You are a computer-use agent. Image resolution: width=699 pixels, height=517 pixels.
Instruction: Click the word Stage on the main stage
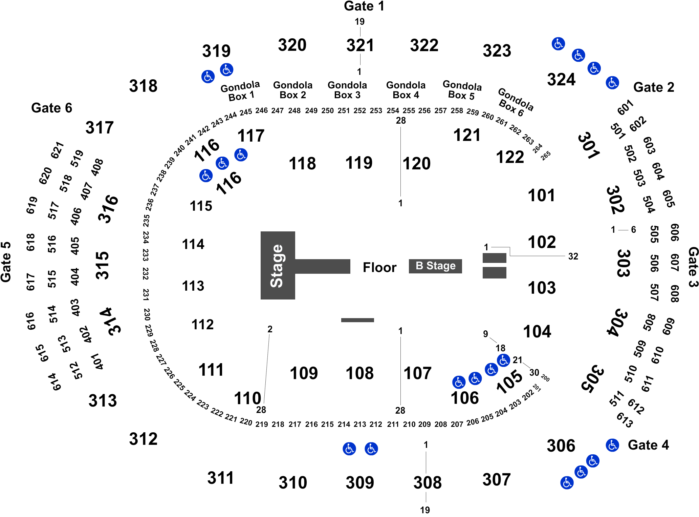click(x=277, y=266)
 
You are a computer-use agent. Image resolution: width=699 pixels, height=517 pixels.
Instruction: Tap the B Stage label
click(x=435, y=266)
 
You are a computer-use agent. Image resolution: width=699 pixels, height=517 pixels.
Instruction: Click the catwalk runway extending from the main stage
click(x=323, y=266)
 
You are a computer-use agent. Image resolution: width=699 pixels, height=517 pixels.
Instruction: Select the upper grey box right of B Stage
click(x=494, y=258)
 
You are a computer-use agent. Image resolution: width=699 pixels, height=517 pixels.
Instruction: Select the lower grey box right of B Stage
click(x=494, y=273)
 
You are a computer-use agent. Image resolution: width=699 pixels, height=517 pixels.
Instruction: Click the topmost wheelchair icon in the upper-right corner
click(x=558, y=44)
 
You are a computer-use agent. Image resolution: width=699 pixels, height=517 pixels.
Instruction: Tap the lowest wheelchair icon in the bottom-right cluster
click(x=567, y=482)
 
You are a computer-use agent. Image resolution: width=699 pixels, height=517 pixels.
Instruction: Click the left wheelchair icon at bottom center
click(x=349, y=449)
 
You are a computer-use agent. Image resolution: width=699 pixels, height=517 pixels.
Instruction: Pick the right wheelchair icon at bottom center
click(x=371, y=449)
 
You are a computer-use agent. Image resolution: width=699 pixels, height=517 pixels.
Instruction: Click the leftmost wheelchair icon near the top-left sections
click(x=208, y=77)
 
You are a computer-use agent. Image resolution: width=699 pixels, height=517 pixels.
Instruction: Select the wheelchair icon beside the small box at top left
click(x=226, y=70)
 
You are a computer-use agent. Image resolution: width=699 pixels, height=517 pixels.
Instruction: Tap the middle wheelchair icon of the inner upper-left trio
click(x=222, y=163)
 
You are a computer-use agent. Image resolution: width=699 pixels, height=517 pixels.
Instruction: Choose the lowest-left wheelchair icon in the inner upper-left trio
click(x=206, y=176)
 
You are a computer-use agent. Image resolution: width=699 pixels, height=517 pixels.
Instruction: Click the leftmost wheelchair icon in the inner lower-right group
click(x=459, y=382)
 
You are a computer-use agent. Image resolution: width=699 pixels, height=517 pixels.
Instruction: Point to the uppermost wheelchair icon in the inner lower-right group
click(x=503, y=360)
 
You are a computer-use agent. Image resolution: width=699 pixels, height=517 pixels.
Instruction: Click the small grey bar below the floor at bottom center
click(x=357, y=320)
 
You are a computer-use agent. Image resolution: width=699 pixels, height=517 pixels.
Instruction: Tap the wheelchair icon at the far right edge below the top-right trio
click(x=612, y=83)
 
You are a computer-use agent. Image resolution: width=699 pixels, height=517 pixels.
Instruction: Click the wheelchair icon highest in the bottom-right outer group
click(x=612, y=445)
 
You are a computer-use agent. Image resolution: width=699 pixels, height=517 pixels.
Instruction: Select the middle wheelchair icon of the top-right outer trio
click(x=578, y=55)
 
